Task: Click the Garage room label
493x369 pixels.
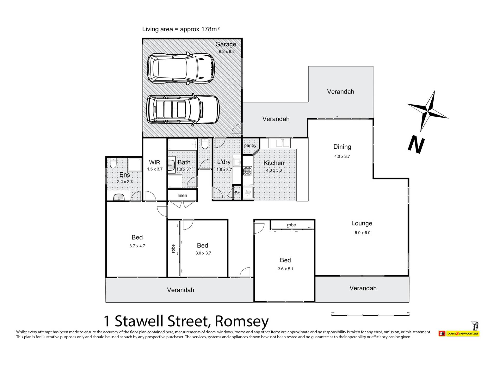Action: tap(226, 44)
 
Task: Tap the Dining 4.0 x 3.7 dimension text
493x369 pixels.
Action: tap(342, 156)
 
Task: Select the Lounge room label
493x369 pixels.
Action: tap(362, 223)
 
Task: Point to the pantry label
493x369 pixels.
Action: tap(250, 146)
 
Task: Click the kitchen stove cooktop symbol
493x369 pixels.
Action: tap(248, 171)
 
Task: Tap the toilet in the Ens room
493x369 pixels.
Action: tap(113, 163)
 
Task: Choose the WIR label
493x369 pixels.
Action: tap(155, 162)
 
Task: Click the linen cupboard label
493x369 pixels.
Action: tap(182, 196)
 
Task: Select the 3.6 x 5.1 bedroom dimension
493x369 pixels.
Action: tap(285, 269)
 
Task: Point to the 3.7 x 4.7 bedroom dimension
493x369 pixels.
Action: tap(137, 246)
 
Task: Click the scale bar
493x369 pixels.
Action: tap(370, 314)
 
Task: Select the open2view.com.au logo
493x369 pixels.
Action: tap(459, 333)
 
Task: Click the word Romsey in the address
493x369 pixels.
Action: tap(242, 321)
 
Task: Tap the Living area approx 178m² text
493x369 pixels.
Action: tap(181, 29)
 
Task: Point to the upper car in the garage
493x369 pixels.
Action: tap(181, 68)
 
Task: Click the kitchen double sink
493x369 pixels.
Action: tap(279, 143)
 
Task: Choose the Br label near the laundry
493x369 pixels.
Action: tap(237, 193)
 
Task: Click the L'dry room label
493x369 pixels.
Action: tap(224, 162)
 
